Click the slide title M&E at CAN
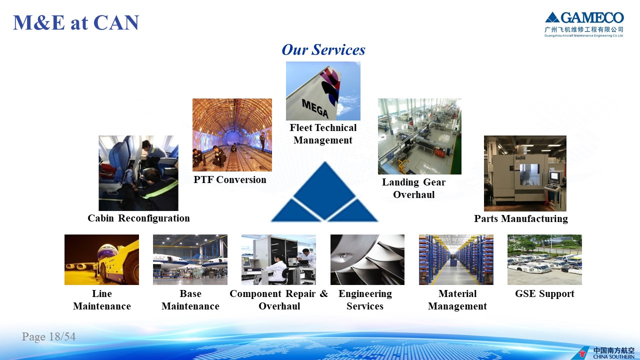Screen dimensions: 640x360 pos(76,22)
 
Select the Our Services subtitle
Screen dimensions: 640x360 pos(323,49)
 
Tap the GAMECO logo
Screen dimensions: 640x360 pos(584,24)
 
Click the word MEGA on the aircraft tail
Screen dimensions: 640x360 pos(315,108)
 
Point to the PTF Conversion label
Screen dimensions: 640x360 pos(230,179)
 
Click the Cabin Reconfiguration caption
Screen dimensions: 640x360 pos(138,218)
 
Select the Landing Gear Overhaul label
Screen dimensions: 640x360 pos(413,188)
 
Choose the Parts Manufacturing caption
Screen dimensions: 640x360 pos(521,218)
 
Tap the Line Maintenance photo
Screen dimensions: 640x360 pos(101,259)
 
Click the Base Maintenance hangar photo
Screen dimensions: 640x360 pos(190,259)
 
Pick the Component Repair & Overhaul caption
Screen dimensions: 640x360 pos(279,299)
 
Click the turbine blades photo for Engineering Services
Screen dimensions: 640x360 pos(367,259)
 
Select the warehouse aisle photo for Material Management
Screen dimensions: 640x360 pos(456,259)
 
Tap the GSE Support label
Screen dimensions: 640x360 pos(544,293)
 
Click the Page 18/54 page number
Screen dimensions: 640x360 pos(49,336)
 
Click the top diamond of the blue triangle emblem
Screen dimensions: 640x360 pos(324,190)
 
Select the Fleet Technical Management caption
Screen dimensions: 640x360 pos(323,134)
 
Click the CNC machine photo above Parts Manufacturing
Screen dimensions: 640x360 pos(525,173)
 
